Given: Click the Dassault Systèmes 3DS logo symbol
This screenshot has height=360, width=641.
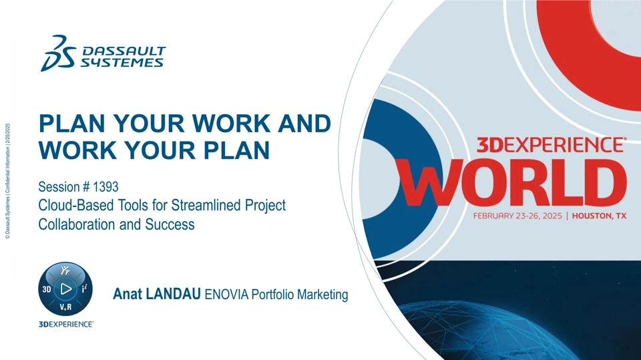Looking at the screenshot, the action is (58, 53).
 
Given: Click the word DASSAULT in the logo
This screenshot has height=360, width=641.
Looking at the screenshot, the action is (124, 51).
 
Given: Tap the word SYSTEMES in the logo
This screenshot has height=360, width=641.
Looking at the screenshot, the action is (122, 63).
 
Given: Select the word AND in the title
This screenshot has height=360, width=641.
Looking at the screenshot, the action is (304, 123).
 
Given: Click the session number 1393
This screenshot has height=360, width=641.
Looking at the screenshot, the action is (106, 186).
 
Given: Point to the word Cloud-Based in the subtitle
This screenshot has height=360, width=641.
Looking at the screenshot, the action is (76, 205).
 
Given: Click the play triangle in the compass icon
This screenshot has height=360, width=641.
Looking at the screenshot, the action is (65, 289).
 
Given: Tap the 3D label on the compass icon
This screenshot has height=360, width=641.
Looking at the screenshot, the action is (47, 289).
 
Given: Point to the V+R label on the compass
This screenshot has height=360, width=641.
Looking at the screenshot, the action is (65, 307).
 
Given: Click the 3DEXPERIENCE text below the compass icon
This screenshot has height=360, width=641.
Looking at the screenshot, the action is (66, 324).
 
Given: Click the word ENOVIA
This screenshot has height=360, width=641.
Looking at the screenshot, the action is (226, 294).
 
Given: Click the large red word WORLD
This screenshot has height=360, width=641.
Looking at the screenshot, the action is (513, 182).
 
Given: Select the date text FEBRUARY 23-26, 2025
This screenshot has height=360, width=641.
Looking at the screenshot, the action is (517, 216).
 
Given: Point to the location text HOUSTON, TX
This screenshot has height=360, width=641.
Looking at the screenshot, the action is (599, 216).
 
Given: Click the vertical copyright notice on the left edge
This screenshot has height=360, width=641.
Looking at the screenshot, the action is (7, 181).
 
